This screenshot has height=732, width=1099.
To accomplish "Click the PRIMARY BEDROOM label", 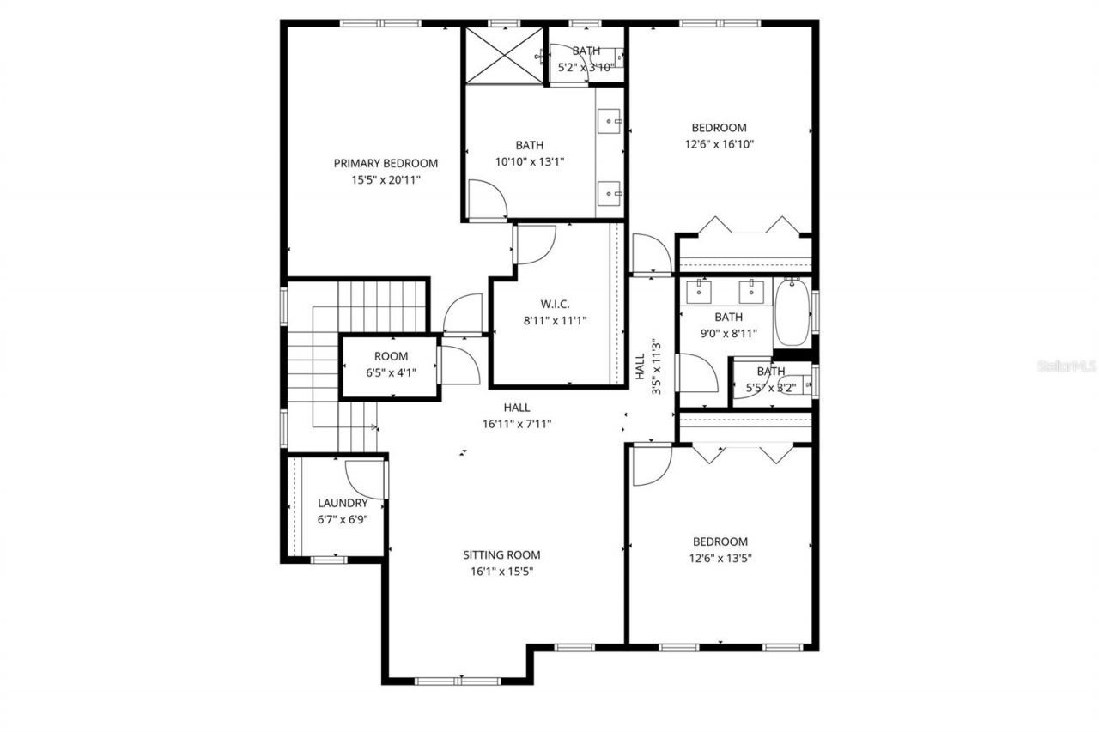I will [386, 163].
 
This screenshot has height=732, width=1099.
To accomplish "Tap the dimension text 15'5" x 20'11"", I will [386, 180].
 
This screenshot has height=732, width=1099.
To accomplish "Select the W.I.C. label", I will [551, 304].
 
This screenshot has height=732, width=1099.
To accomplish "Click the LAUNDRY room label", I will [343, 503].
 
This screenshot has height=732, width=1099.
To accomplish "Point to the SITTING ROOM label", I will [502, 555].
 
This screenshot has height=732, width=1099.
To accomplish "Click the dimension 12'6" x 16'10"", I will [720, 145].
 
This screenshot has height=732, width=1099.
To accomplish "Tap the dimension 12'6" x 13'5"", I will [720, 559].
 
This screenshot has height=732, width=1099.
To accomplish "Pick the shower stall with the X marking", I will [504, 56].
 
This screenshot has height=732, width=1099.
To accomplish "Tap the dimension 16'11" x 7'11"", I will [517, 424].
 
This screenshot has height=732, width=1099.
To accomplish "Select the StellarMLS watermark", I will [1067, 366].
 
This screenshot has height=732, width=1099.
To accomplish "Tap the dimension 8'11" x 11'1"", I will [551, 320].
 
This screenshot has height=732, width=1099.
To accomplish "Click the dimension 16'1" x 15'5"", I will [502, 572].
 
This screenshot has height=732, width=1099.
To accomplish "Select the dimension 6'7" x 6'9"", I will [343, 519].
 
